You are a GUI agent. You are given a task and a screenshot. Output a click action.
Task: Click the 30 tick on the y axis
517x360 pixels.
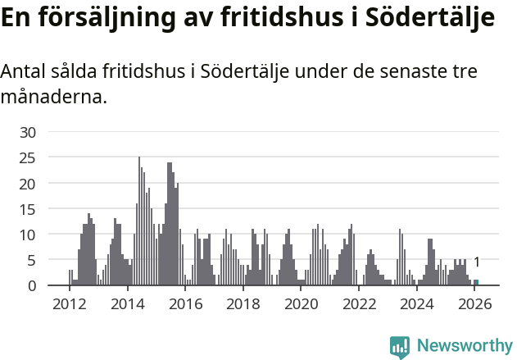tap(29, 132)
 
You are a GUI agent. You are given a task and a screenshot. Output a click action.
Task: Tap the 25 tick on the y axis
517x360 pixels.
tap(29, 157)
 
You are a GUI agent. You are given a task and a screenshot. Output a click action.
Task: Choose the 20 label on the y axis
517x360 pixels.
tap(29, 184)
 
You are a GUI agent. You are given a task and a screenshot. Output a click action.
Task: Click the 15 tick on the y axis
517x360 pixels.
tap(29, 209)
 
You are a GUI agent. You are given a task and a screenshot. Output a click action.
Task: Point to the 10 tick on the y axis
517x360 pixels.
tap(29, 235)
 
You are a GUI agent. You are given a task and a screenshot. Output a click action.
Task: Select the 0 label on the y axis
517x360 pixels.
tap(33, 286)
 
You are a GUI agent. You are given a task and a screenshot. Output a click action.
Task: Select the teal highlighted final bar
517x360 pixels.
tap(476, 283)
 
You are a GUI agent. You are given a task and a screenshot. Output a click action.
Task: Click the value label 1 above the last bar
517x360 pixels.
tap(477, 262)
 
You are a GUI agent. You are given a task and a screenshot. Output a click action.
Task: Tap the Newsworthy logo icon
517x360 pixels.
tap(400, 347)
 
